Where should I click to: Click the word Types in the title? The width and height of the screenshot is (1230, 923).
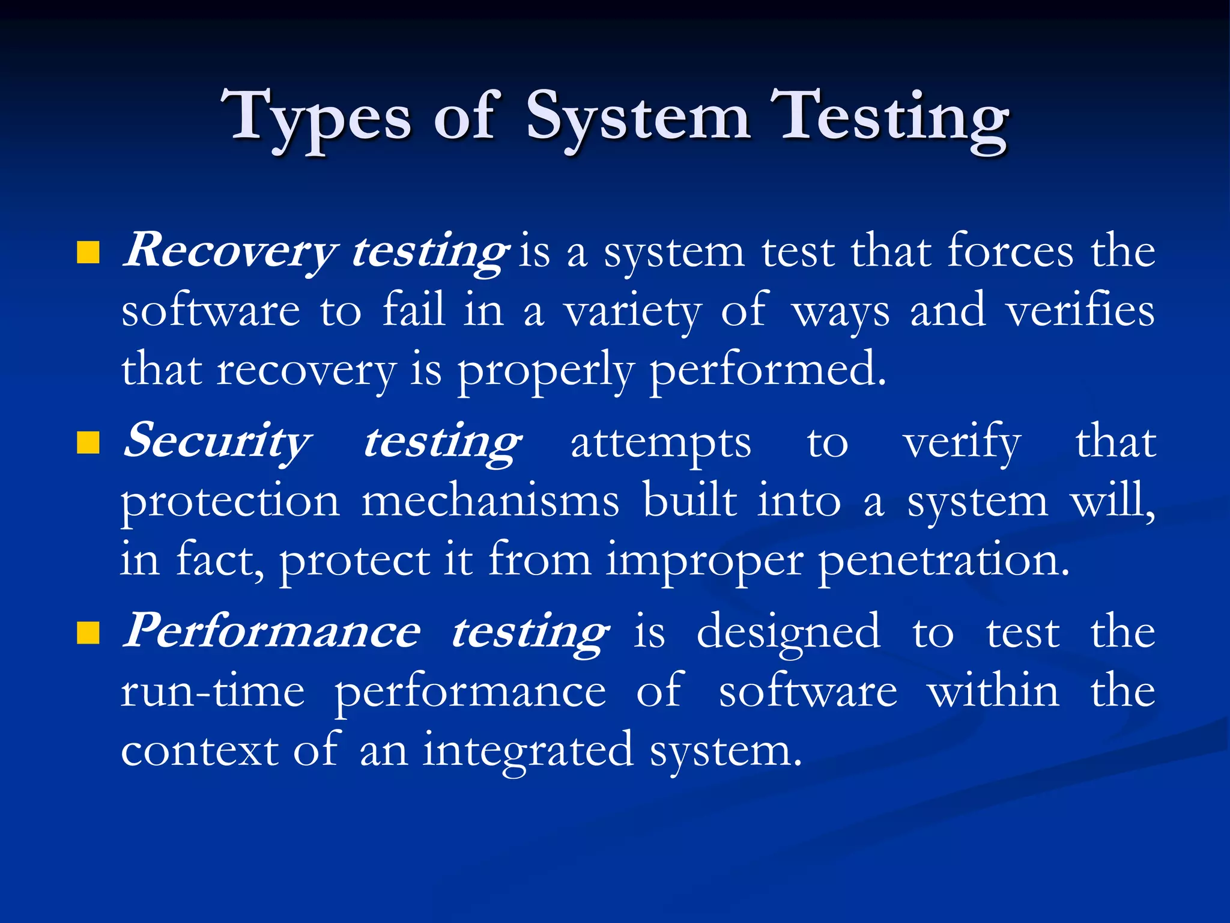click(316, 117)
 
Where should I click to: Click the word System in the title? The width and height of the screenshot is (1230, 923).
click(638, 117)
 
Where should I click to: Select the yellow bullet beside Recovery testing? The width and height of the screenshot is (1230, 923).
click(88, 253)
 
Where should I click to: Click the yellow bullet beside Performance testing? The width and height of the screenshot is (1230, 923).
click(88, 633)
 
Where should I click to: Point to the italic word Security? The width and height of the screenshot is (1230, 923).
click(217, 442)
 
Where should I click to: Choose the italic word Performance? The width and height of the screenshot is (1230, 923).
click(271, 631)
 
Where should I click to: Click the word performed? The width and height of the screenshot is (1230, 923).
click(768, 369)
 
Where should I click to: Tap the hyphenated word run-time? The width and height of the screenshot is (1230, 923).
click(213, 691)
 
